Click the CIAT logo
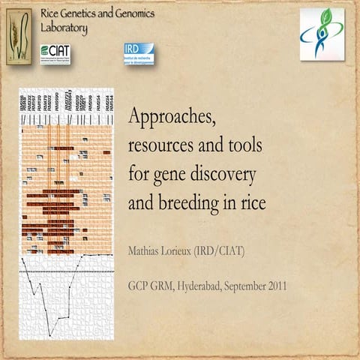tap(55, 54)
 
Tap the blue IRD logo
tap(139, 53)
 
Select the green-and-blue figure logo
tap(322, 34)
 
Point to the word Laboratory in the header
tap(64, 28)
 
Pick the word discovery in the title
tap(224, 173)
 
